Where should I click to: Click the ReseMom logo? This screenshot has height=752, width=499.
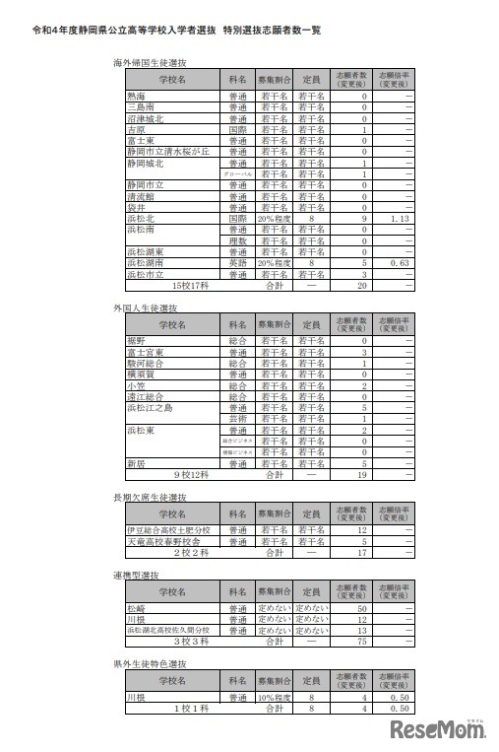point(442,730)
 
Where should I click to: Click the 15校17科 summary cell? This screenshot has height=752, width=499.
point(194,285)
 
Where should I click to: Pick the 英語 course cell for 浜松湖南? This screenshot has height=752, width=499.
point(237,263)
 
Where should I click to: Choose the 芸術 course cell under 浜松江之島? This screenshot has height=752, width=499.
point(237,418)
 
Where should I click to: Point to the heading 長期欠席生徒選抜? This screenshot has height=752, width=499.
point(152,498)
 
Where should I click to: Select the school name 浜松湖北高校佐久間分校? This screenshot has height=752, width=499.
point(168,630)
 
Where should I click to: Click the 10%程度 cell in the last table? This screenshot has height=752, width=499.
point(275,697)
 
